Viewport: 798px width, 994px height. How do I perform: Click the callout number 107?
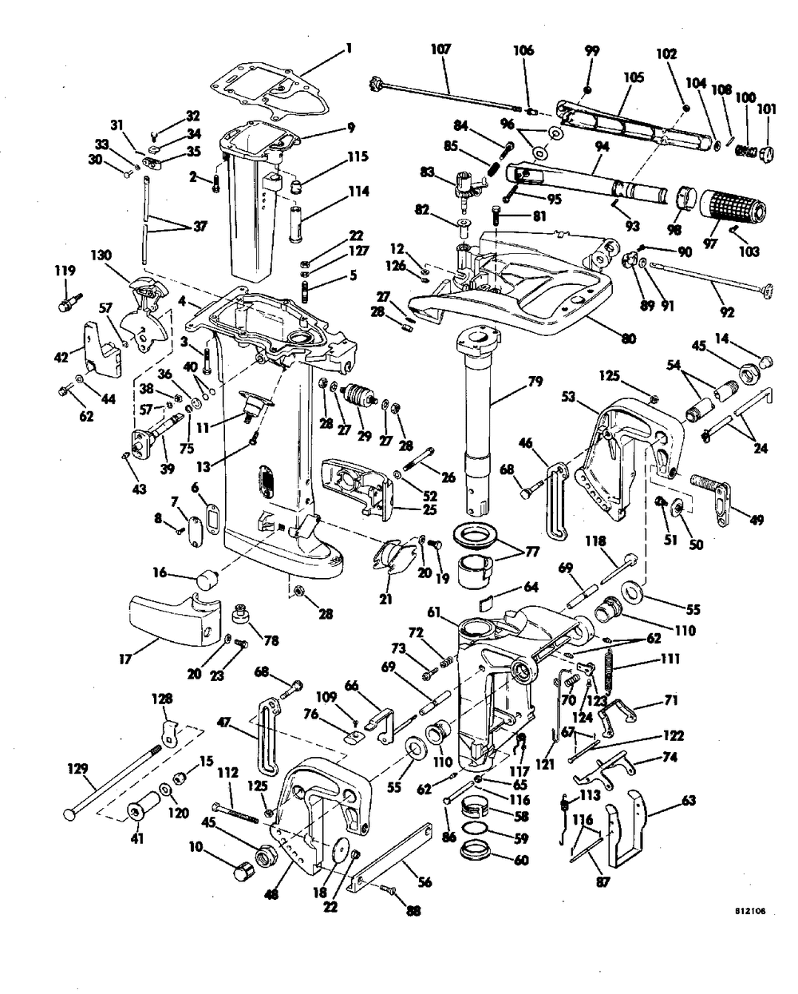click(x=440, y=49)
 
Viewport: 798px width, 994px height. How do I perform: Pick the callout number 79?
click(x=535, y=382)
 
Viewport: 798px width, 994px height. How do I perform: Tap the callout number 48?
click(x=271, y=895)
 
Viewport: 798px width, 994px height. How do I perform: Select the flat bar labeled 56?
click(x=392, y=858)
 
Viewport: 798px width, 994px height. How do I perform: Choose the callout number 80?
click(x=628, y=338)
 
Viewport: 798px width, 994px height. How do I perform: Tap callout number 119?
click(x=65, y=270)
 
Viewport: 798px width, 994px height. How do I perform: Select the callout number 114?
click(x=359, y=191)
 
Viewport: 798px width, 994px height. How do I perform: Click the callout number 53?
click(x=569, y=396)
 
